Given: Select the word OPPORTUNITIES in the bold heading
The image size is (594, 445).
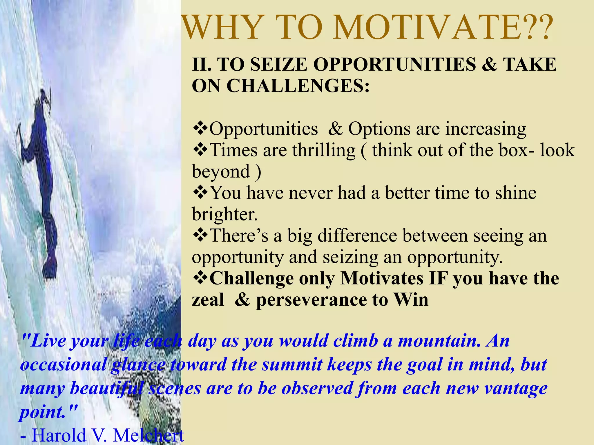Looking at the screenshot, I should pos(394,64).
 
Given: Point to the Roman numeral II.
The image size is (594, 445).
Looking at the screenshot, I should pos(201,64).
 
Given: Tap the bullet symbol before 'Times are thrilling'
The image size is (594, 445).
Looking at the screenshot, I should pos(200,150).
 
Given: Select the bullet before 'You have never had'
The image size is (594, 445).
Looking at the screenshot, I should pos(200,192).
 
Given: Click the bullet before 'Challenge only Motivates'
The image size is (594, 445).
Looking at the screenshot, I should pos(200,278).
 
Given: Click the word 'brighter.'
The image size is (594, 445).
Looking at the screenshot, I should pos(225,214).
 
